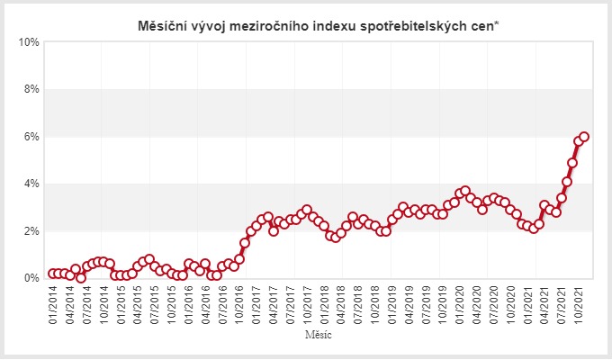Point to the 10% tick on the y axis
click(29, 42)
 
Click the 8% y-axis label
click(31, 89)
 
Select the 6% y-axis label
click(31, 137)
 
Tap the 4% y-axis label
click(31, 184)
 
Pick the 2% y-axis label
click(31, 231)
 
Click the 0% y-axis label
click(31, 278)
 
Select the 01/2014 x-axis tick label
click(52, 304)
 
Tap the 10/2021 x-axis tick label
click(579, 304)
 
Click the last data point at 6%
click(584, 137)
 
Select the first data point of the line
click(52, 274)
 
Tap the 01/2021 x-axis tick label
click(528, 304)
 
